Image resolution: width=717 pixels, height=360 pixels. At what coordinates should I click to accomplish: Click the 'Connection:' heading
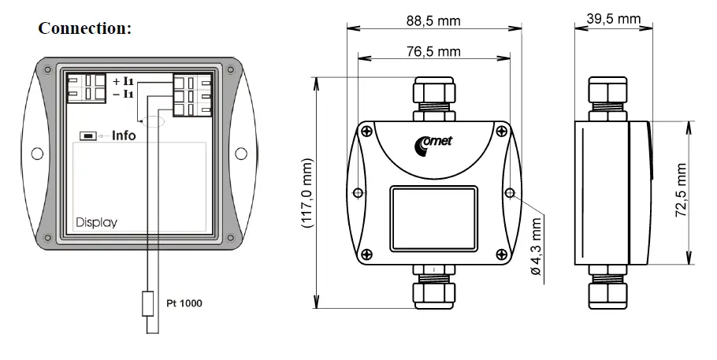[84, 29]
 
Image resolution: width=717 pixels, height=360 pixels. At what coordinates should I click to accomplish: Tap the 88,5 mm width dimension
[432, 21]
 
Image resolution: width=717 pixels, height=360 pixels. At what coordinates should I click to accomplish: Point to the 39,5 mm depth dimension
[613, 18]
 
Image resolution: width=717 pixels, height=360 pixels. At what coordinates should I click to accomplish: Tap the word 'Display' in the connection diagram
[96, 222]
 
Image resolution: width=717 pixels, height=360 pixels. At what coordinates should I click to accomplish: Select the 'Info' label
[124, 135]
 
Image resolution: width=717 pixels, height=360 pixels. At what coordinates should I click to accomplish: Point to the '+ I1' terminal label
[123, 81]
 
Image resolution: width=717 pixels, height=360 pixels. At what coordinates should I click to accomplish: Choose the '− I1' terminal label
[123, 94]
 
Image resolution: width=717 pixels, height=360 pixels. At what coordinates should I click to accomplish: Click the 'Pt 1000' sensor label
[184, 302]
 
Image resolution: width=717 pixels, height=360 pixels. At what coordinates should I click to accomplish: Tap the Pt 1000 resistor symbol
[147, 303]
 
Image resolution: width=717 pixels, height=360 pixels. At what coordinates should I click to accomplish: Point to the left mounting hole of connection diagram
[37, 153]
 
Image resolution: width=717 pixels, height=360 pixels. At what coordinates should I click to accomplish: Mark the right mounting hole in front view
[510, 193]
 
